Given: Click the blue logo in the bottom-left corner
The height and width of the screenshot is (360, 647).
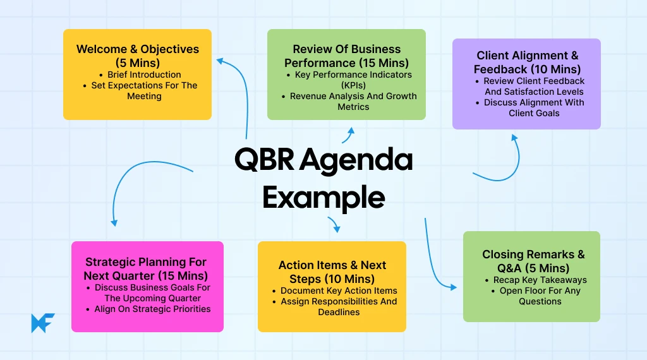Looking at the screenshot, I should [x=43, y=322].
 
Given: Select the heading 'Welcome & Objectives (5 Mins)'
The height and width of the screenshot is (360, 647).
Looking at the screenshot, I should [x=138, y=56].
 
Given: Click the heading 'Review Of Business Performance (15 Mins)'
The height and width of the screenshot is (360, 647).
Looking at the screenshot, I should [x=346, y=56].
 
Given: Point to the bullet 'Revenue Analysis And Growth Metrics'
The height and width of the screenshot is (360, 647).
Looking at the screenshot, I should [x=353, y=102].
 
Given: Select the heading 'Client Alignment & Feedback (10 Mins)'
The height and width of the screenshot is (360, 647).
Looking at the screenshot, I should [x=527, y=63].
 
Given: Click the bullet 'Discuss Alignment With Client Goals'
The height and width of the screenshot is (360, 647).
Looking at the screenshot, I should [x=534, y=107].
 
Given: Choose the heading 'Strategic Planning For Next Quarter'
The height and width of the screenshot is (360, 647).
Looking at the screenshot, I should [x=146, y=268].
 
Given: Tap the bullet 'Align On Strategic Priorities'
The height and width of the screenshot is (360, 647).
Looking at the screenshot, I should [x=152, y=309].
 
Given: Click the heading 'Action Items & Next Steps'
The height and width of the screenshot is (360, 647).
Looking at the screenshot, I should [x=332, y=272].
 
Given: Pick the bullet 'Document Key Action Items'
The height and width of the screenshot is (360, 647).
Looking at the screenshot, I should [x=339, y=291].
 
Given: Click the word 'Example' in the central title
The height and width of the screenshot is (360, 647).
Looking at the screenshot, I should [x=323, y=197].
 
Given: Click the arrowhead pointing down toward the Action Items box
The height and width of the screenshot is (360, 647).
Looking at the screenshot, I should [x=336, y=229].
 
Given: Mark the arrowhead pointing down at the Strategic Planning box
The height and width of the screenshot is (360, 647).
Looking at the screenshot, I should [x=114, y=222].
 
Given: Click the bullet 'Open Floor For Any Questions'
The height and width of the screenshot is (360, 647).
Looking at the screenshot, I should [x=540, y=296].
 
